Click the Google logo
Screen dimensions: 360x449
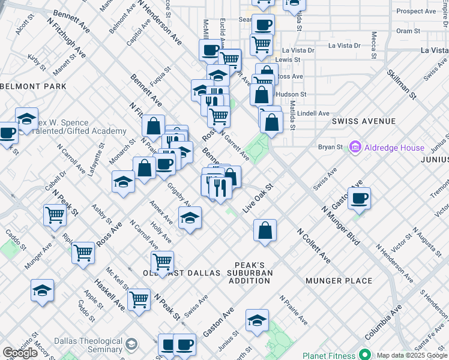tap(20, 353)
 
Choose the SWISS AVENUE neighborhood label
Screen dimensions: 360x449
tap(364, 121)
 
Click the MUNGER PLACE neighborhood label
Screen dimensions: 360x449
tap(339, 281)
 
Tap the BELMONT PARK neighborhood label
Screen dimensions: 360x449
tap(33, 86)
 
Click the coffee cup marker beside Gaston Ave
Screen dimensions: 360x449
tap(359, 199)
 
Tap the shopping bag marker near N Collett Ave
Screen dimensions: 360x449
tap(265, 230)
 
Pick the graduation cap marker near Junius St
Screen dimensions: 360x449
tap(257, 321)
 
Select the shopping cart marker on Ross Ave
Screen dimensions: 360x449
tap(83, 253)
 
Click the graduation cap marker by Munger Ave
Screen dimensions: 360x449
tap(42, 290)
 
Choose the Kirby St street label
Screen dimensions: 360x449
tap(37, 61)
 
